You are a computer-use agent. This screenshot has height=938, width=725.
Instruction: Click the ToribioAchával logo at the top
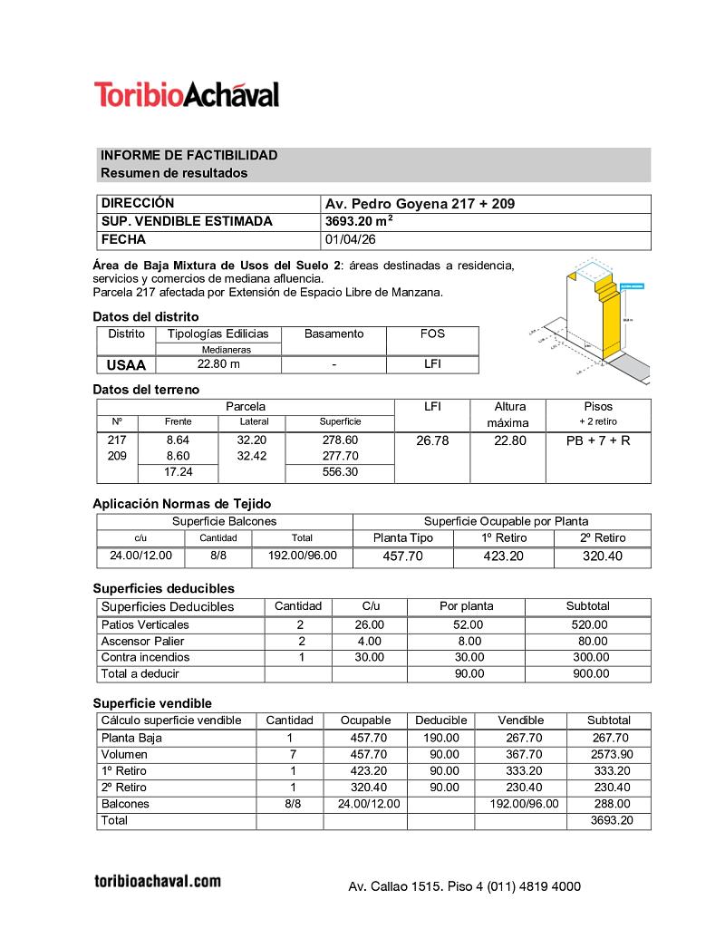coord(187,94)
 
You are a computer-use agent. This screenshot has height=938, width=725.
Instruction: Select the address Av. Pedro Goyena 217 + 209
coord(420,204)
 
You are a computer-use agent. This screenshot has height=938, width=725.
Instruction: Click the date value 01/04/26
coord(350,240)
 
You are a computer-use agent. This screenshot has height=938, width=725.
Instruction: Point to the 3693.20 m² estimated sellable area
coord(359,222)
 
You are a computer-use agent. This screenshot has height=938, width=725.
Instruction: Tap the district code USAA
coord(126,365)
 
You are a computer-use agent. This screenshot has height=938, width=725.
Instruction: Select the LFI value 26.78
coord(432,440)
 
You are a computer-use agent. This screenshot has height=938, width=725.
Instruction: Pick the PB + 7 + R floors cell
coord(597,440)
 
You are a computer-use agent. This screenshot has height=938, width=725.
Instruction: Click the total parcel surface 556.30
coord(340,472)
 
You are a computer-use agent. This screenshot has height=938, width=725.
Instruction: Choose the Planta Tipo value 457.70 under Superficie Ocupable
coord(403,556)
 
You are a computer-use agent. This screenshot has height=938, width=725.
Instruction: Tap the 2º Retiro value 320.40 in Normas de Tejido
coord(603,556)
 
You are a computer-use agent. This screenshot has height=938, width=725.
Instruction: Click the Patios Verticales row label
coord(145,624)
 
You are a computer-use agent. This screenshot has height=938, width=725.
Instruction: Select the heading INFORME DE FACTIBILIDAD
coord(188,156)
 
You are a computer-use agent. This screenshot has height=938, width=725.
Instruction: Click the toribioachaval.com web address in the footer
coord(158,881)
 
